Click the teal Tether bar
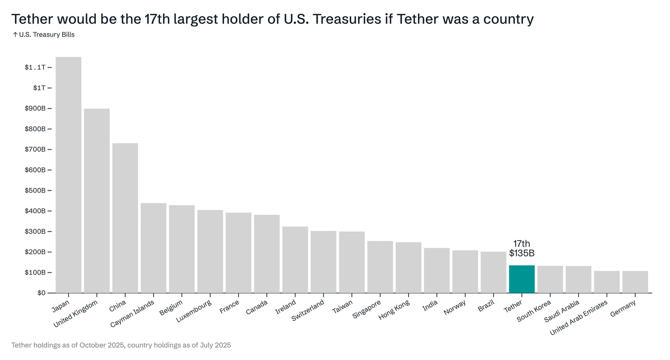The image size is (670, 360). click(x=522, y=279)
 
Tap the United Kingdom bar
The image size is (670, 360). click(x=97, y=201)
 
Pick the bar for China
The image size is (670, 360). click(x=125, y=218)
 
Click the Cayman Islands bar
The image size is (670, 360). click(x=153, y=248)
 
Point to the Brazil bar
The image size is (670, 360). click(x=493, y=272)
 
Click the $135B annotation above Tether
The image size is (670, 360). click(x=522, y=253)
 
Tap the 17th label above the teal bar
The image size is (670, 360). click(x=522, y=244)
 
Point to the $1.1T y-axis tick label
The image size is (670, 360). click(x=35, y=67)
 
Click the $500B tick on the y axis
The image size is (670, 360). click(x=35, y=191)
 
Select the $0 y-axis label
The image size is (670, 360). click(x=41, y=293)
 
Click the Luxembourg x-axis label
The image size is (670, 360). click(x=194, y=311)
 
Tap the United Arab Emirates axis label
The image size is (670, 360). click(x=579, y=317)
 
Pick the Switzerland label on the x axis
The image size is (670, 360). click(x=308, y=310)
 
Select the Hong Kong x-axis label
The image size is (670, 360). click(x=394, y=309)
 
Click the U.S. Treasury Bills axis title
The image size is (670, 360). click(x=47, y=35)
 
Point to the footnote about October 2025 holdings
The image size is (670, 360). click(x=121, y=345)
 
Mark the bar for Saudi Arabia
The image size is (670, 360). click(x=578, y=279)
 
